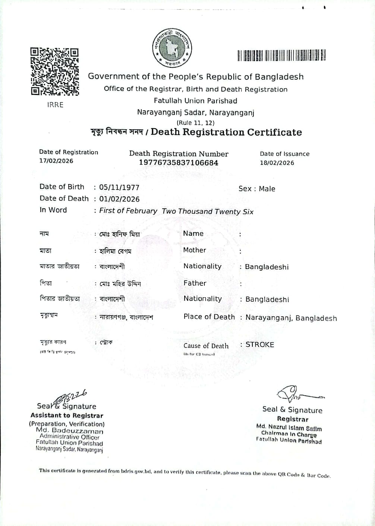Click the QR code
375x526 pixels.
click(x=55, y=71)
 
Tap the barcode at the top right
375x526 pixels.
click(x=281, y=55)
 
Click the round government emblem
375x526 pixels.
click(x=172, y=48)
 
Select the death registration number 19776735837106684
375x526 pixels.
click(x=179, y=163)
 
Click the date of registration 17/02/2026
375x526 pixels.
click(x=56, y=161)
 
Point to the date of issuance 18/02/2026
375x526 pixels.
click(x=277, y=163)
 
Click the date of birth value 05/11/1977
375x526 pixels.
click(x=119, y=187)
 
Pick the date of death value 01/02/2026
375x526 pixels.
click(x=119, y=199)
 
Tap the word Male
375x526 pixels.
click(x=267, y=189)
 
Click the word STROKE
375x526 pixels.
click(x=260, y=345)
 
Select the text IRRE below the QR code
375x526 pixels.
click(x=55, y=105)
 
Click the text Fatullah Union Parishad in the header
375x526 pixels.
click(x=195, y=101)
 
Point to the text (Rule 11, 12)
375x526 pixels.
click(x=195, y=123)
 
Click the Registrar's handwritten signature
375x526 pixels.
click(x=296, y=394)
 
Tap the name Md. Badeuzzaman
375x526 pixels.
click(x=70, y=431)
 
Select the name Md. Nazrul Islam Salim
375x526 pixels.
click(x=289, y=427)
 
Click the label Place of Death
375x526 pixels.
click(x=209, y=317)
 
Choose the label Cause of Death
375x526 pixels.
click(x=206, y=346)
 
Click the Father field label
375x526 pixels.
click(x=195, y=283)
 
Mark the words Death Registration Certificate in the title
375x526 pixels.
click(x=226, y=132)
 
